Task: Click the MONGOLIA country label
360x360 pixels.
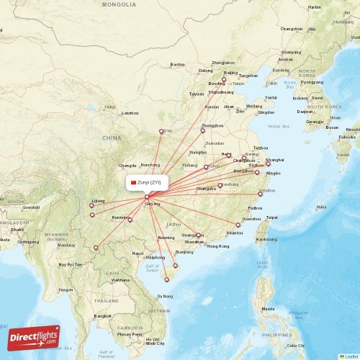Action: [x=119, y=4]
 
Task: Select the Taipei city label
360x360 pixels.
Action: [x=271, y=217]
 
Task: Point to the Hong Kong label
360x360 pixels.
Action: [x=217, y=246]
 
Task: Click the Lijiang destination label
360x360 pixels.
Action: [x=99, y=201]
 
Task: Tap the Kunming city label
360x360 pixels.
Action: [x=120, y=217]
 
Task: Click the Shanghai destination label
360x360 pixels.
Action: [x=274, y=159]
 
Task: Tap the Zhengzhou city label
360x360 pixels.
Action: [x=212, y=126]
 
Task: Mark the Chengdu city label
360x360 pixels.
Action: [x=127, y=166]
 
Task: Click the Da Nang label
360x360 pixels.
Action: [x=166, y=296]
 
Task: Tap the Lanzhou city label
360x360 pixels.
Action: [x=130, y=113]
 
